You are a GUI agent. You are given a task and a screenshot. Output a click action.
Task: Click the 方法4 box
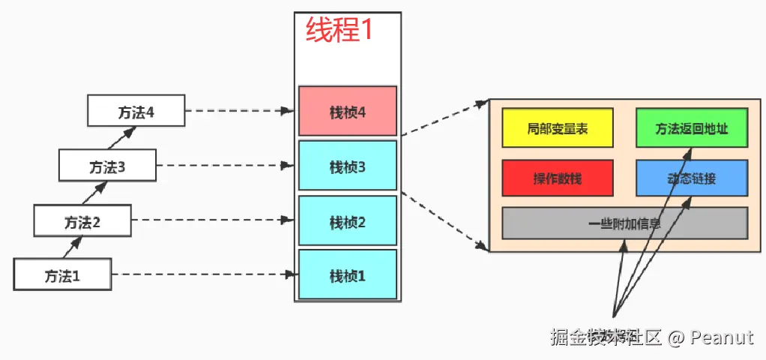[136, 111]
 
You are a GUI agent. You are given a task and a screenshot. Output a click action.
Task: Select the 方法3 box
[107, 166]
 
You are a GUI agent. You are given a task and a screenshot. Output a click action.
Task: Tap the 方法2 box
[82, 221]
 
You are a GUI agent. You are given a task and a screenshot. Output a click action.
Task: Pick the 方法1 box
[62, 274]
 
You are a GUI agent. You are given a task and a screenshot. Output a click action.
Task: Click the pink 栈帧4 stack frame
[347, 112]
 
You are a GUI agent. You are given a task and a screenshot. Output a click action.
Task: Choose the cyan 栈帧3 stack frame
[347, 166]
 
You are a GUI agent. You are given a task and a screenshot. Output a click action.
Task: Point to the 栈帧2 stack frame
[347, 221]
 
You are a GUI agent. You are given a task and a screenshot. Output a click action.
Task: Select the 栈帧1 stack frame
[347, 275]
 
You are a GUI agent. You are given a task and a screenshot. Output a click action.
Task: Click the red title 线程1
[339, 30]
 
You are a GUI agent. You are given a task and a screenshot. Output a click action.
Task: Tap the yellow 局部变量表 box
[557, 128]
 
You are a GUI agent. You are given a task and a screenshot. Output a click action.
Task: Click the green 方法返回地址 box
[691, 128]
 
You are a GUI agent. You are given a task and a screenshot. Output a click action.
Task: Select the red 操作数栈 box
[557, 178]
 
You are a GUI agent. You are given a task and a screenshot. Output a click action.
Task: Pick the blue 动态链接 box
[691, 178]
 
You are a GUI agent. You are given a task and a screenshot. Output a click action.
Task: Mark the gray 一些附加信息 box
[624, 223]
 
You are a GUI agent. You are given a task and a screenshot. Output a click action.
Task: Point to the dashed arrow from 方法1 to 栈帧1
[202, 274]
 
